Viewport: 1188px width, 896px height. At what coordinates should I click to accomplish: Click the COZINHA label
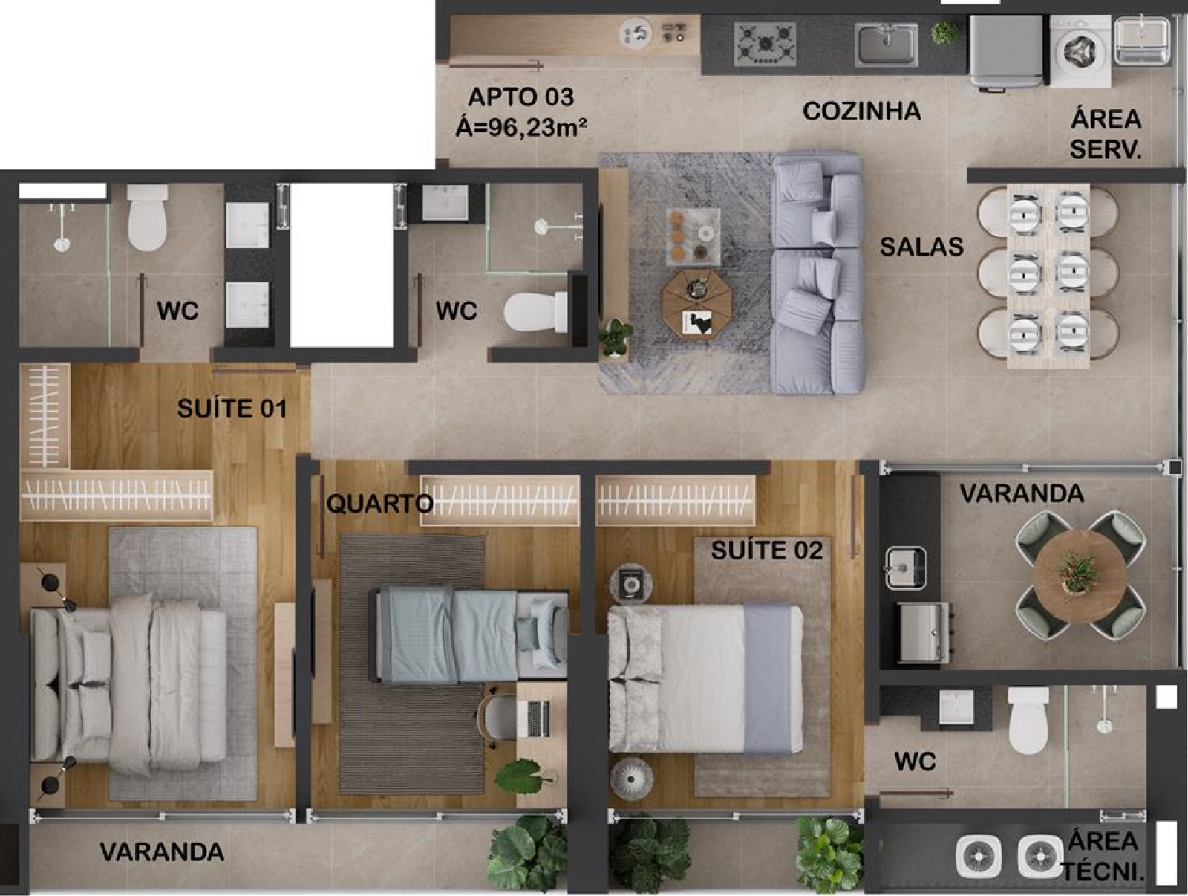(861, 111)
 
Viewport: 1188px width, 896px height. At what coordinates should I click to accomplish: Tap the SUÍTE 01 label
(232, 408)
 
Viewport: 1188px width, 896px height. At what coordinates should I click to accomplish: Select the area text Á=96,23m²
(521, 129)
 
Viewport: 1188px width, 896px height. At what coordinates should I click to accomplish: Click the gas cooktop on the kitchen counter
(765, 44)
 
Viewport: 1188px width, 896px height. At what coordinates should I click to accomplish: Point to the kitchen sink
(886, 45)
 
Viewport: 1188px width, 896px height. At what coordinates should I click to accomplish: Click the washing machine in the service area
(1080, 51)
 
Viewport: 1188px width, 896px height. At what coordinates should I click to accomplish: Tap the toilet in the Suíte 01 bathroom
(147, 217)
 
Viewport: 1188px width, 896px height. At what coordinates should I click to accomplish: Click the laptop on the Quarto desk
(538, 718)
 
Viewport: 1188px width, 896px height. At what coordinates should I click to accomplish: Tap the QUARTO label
(380, 504)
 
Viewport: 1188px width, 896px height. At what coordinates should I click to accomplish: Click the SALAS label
(921, 247)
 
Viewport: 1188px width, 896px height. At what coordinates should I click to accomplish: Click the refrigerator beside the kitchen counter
(1006, 51)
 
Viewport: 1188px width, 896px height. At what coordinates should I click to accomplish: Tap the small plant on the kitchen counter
(945, 33)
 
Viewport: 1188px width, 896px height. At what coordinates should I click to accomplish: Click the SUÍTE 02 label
(767, 550)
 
